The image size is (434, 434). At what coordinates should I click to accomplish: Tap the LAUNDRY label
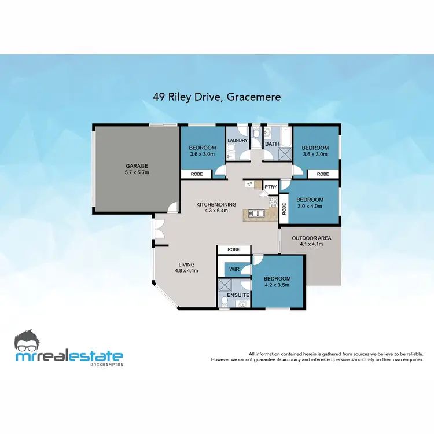click(238, 141)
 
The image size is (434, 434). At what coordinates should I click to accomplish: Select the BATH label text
click(272, 144)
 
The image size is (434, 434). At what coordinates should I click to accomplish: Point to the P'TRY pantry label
click(270, 187)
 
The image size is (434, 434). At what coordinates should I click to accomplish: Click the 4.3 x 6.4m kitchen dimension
click(212, 211)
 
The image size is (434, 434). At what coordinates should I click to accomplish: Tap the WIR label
click(234, 269)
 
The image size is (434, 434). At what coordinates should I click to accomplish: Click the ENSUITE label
click(238, 295)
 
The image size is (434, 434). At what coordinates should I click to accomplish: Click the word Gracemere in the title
click(254, 97)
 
